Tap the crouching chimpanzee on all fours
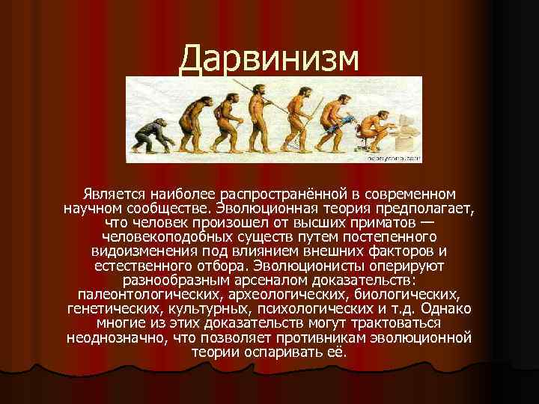coord(143,134)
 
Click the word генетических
coord(110,308)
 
